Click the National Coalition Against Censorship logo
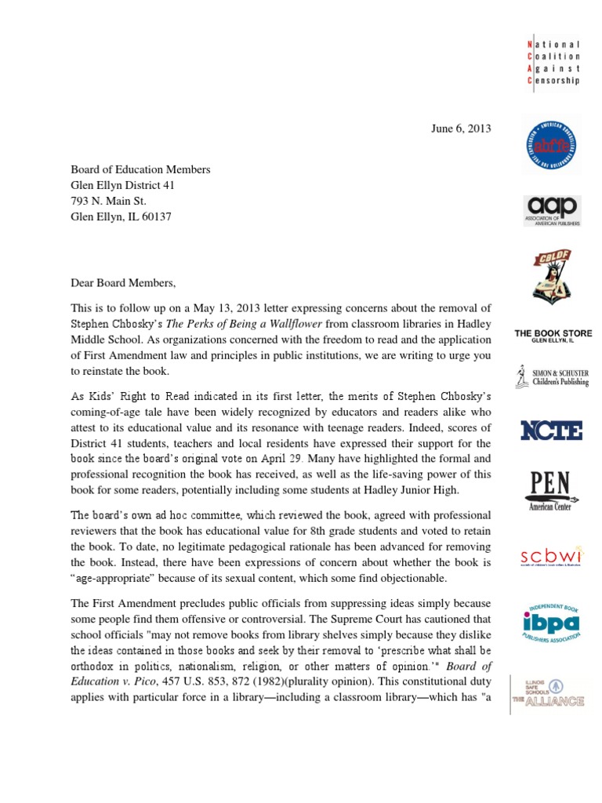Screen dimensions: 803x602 [553, 63]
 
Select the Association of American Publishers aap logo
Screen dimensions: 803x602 [553, 210]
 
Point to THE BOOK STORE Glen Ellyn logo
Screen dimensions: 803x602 [553, 336]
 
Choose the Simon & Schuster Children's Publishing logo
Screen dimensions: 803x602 [553, 376]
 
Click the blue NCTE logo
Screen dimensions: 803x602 [552, 430]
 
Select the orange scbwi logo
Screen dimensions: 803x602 [553, 558]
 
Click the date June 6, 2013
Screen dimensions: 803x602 [462, 129]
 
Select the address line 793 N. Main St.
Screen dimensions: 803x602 [114, 200]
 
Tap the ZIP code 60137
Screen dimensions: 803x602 [156, 216]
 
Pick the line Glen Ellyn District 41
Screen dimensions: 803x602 [123, 184]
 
